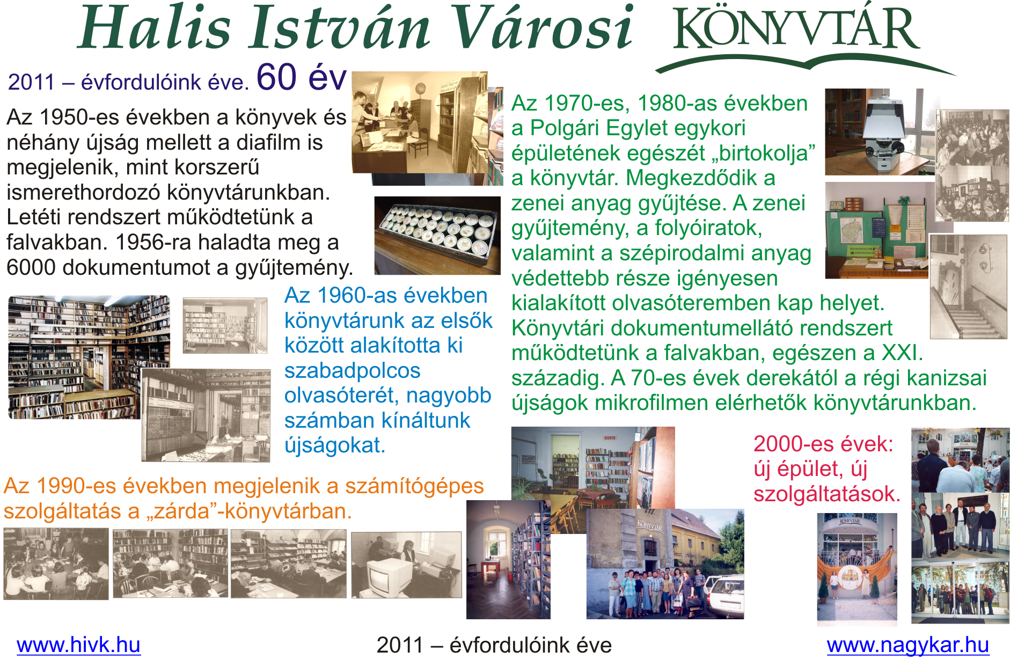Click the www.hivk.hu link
(x=78, y=645)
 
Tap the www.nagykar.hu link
(x=907, y=645)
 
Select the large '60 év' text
(x=302, y=77)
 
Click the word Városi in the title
(x=542, y=27)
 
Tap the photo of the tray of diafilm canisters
(x=437, y=235)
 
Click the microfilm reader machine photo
(x=879, y=132)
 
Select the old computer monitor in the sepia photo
(x=385, y=575)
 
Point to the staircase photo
(x=968, y=287)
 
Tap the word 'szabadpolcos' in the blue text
(x=352, y=371)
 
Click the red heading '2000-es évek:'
(x=823, y=444)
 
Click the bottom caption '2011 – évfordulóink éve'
(x=494, y=645)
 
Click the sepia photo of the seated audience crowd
(x=972, y=165)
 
